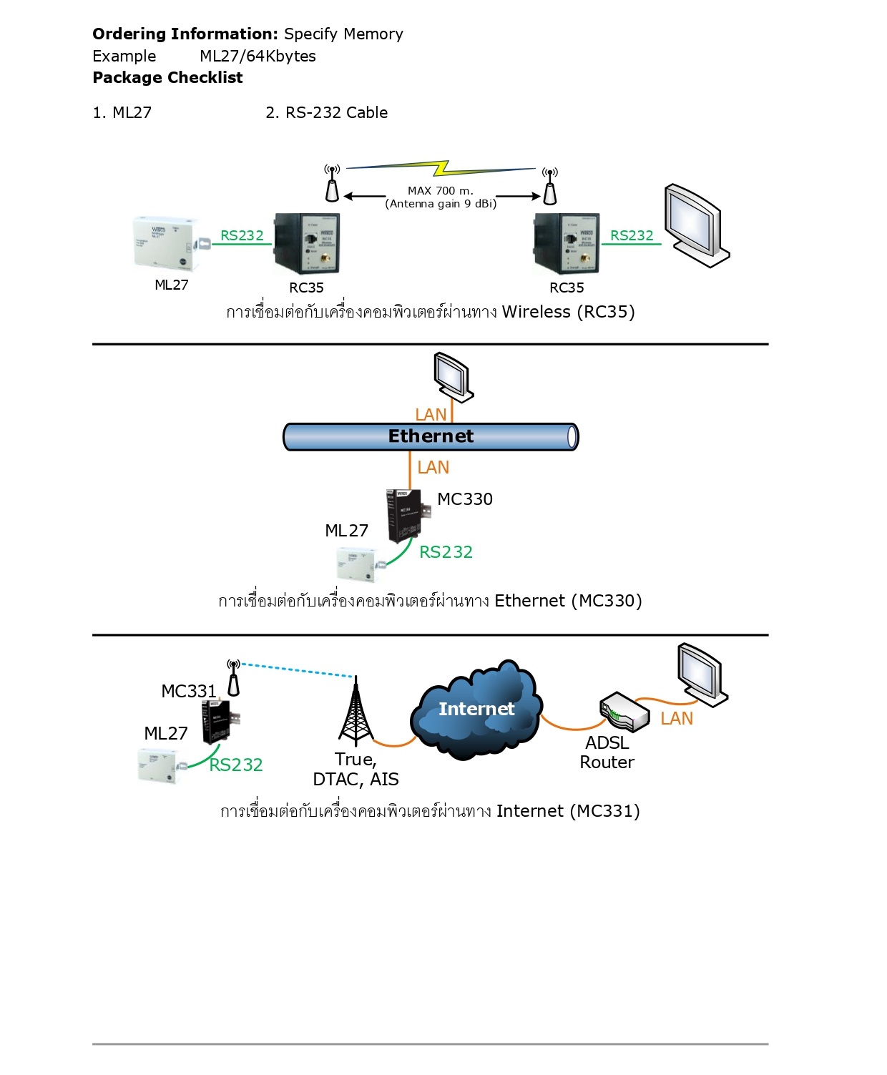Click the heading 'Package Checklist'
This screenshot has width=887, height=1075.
click(167, 78)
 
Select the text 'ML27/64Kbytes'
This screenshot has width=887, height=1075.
click(258, 57)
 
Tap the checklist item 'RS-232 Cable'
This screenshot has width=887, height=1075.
click(336, 113)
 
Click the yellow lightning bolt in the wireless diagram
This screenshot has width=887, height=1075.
click(442, 168)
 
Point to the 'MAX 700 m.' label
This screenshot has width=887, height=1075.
click(440, 191)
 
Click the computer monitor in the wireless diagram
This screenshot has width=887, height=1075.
click(696, 225)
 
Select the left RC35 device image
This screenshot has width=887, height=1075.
click(307, 244)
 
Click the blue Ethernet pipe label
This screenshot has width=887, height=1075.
click(431, 436)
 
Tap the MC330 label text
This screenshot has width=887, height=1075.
click(465, 499)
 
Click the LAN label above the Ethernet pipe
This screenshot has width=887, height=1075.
click(431, 415)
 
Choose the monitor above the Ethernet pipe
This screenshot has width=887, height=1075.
click(454, 376)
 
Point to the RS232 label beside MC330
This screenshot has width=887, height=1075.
click(446, 552)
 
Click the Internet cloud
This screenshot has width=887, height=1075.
click(476, 710)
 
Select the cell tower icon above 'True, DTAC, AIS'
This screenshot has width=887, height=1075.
click(356, 713)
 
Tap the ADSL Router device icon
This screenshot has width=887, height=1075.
click(624, 711)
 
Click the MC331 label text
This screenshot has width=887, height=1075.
click(189, 692)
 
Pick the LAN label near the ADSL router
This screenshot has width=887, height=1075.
click(677, 719)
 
